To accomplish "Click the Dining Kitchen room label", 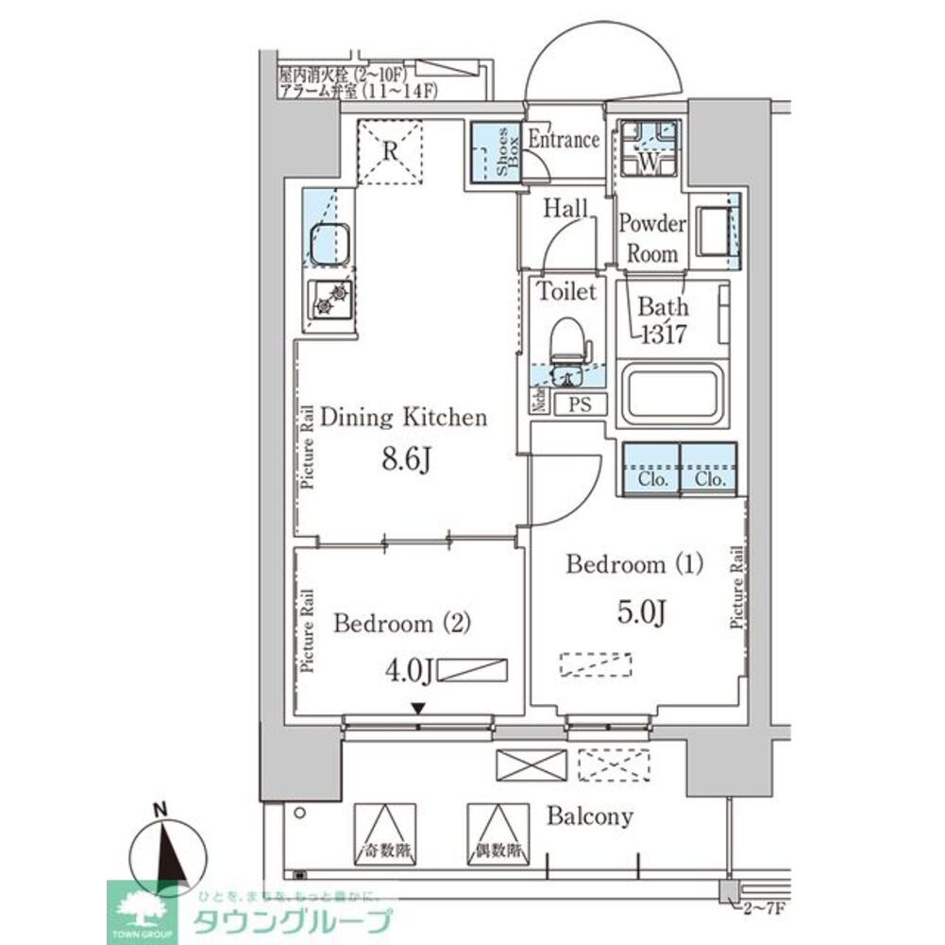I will click(x=404, y=417).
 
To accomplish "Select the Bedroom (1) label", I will click(x=634, y=565).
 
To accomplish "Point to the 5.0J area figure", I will click(x=644, y=613).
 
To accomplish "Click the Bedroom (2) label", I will click(x=402, y=624).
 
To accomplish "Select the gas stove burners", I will click(x=330, y=301).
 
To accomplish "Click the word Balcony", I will click(x=590, y=816).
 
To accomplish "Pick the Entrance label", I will click(x=563, y=140).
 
